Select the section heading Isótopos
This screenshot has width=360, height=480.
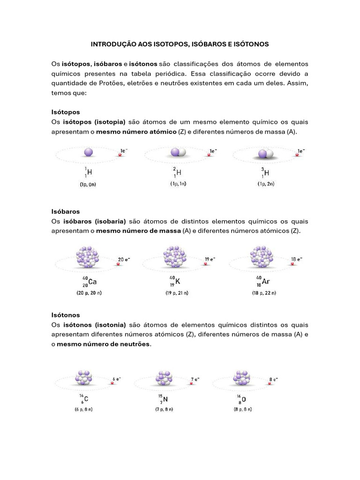[x=66, y=112]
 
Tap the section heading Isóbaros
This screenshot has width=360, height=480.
[x=66, y=211]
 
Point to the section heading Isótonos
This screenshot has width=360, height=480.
[x=66, y=315]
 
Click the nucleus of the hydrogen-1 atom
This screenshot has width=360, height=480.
[x=89, y=152]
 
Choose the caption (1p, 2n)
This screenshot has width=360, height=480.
[x=265, y=184]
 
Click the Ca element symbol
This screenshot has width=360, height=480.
[x=92, y=282]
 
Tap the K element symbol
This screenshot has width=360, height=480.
[x=178, y=282]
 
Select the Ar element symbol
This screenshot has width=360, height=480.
[x=266, y=282]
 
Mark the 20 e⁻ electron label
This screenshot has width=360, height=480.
[x=124, y=259]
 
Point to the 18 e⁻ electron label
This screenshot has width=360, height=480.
[x=297, y=259]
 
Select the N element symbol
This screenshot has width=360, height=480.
[x=165, y=399]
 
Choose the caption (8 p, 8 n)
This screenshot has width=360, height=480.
[x=243, y=409]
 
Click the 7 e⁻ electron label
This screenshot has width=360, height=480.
[x=195, y=379]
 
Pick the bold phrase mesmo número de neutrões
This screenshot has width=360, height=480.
[x=104, y=344]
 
